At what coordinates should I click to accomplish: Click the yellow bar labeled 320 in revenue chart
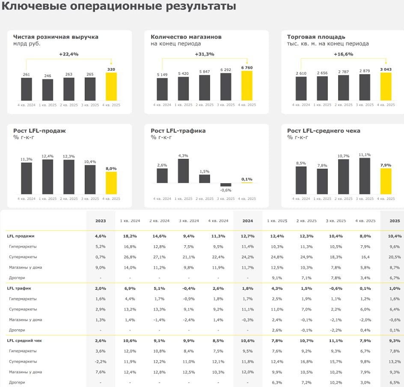click(111, 86)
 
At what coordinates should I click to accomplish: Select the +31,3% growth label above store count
click(204, 54)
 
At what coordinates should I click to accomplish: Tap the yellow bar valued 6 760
click(247, 86)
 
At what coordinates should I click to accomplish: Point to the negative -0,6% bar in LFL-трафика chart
click(226, 185)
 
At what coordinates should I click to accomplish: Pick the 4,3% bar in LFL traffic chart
click(183, 171)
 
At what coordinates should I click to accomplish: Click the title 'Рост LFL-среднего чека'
click(323, 131)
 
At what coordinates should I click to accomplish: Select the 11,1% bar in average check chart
click(365, 176)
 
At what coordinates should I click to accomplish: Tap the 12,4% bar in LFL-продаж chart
click(48, 177)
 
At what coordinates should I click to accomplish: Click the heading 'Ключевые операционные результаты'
click(119, 7)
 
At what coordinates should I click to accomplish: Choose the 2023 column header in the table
click(101, 221)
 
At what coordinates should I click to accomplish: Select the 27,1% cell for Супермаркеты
click(159, 257)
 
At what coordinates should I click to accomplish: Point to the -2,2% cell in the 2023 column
click(101, 362)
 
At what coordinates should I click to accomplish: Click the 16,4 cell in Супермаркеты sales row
click(365, 257)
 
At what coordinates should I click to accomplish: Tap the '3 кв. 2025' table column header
click(336, 221)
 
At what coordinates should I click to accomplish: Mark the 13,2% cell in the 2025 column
click(395, 362)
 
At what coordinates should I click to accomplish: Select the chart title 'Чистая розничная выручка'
click(56, 37)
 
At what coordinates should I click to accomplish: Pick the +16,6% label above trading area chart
click(343, 54)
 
